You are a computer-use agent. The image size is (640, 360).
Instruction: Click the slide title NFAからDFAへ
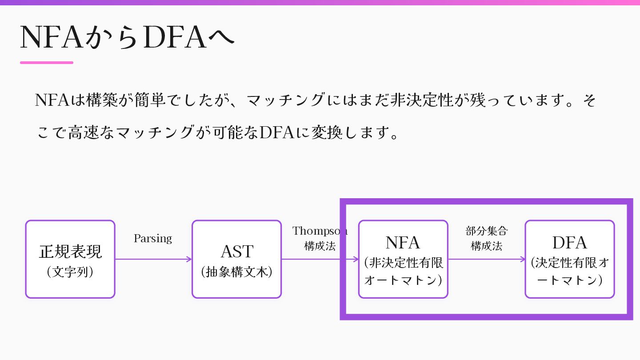coord(127,38)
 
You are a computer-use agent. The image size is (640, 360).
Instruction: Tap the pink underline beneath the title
coord(47,63)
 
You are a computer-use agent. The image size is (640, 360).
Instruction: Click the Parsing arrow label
coord(153,239)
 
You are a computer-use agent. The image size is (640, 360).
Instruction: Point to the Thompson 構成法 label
coord(320,238)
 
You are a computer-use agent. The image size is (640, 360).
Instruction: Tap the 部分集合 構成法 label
coord(487,238)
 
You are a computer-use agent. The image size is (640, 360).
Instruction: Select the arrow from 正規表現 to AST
coord(153,259)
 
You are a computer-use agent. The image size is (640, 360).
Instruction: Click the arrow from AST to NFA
coord(320,259)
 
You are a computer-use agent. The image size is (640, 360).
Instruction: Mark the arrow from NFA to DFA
coord(487,259)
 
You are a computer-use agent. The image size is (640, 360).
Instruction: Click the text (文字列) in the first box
coord(70,272)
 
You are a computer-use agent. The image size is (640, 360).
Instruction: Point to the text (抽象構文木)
coord(236,272)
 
